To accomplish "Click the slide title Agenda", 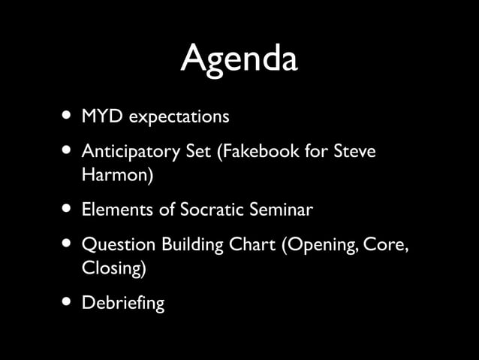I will (239, 59).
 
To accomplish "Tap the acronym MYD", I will (104, 117).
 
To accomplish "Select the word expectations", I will (179, 118).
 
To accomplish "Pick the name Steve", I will (352, 153).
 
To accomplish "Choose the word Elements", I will (116, 210).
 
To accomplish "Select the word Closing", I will (111, 269).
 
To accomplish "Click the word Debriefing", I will (122, 304).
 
